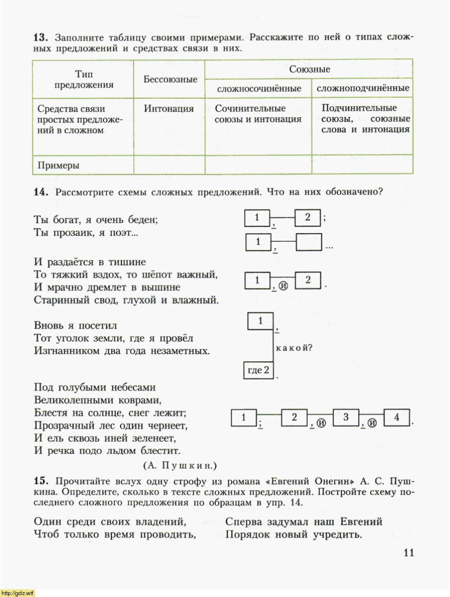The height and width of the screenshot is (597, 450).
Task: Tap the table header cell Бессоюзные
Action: tap(170, 79)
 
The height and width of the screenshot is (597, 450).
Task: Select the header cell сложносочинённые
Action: tap(259, 89)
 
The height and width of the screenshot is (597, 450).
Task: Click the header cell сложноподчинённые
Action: tap(362, 89)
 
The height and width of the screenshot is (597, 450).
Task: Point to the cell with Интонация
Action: tap(169, 109)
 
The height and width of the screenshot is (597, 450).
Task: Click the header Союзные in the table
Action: tap(309, 69)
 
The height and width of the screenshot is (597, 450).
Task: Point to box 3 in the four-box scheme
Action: tap(346, 417)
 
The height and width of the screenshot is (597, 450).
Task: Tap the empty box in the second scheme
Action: tap(309, 243)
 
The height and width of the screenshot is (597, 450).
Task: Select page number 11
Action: tap(409, 552)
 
